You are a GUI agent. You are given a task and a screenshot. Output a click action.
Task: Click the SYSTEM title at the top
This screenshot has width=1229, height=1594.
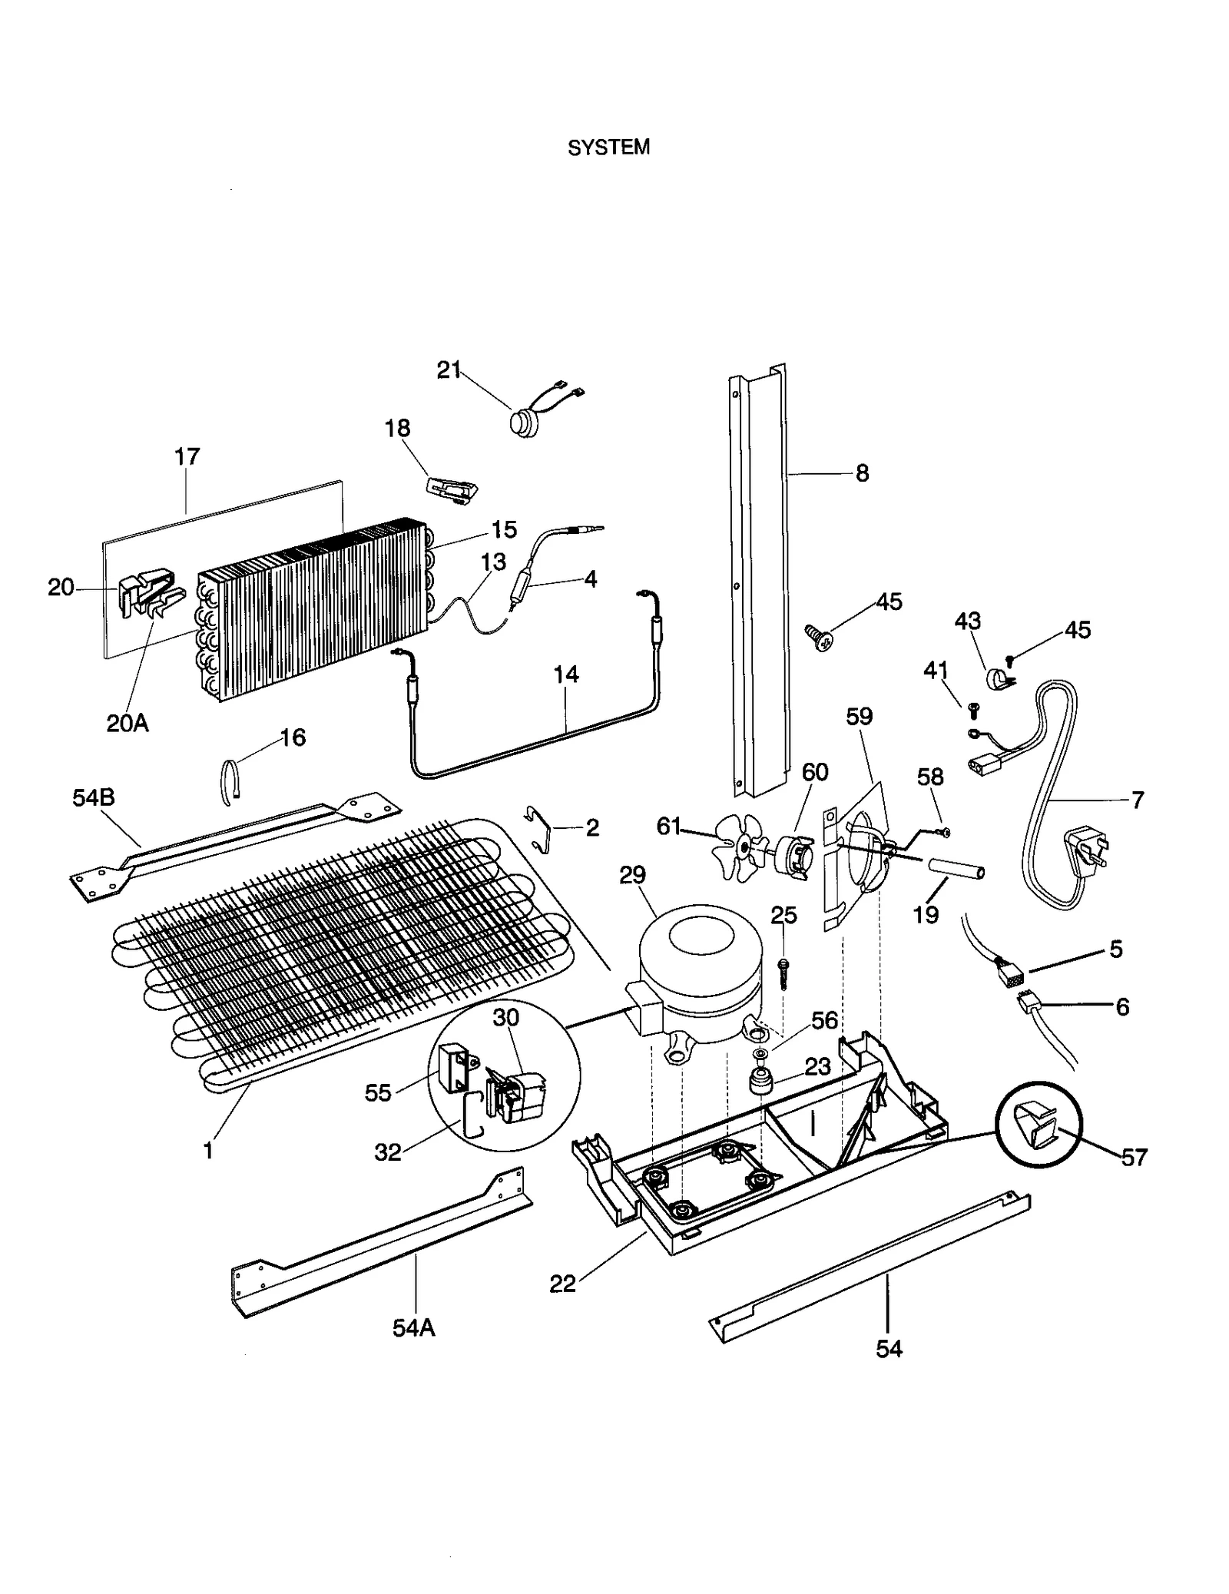click(x=608, y=147)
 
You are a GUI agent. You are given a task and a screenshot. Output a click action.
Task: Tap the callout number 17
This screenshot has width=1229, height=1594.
click(x=187, y=456)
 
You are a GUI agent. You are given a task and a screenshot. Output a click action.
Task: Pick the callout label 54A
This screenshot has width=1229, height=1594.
click(x=413, y=1327)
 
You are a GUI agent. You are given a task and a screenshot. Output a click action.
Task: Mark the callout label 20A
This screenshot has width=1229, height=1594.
click(x=128, y=723)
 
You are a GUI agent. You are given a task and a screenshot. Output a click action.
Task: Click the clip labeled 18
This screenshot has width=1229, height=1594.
click(x=452, y=488)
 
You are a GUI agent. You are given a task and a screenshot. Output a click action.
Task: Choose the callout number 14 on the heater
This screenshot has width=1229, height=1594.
click(x=565, y=674)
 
